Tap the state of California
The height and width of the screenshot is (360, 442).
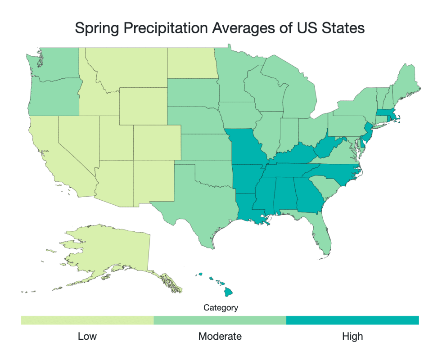coord(45,153)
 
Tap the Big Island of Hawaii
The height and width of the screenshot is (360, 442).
coord(229,292)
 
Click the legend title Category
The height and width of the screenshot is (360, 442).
coord(221,308)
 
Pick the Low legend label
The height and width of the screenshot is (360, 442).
coord(87,336)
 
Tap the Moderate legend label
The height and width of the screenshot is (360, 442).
coord(220,336)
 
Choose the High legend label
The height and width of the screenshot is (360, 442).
coord(352,336)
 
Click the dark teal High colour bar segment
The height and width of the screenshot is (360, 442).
coord(352,320)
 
